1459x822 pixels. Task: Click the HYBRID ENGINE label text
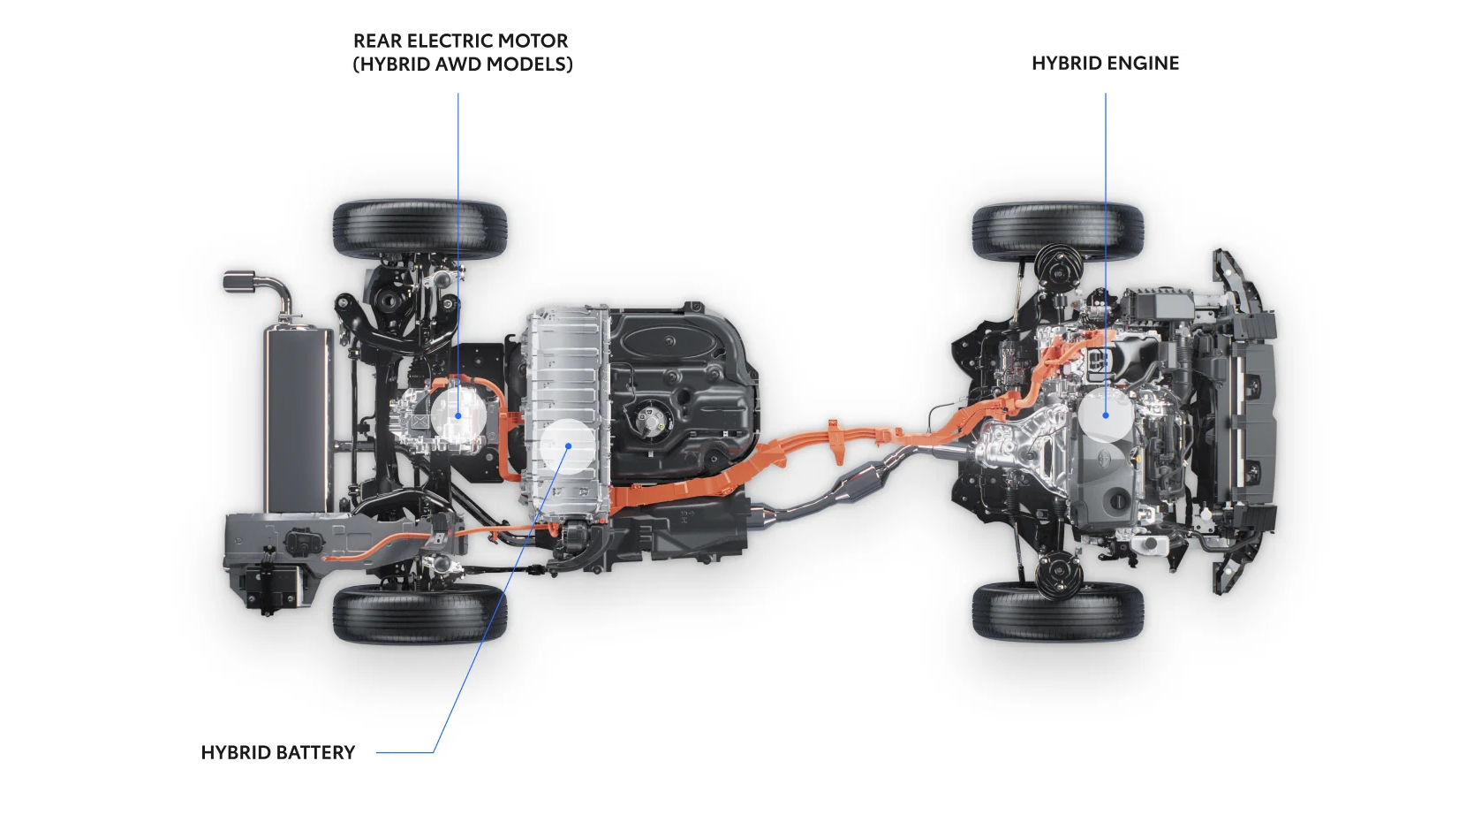[1105, 63]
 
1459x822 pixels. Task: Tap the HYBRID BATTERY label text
[277, 752]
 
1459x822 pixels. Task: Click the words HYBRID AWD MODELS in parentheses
[463, 65]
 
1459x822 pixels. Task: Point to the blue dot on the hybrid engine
[1106, 415]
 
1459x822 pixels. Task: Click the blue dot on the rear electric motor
[458, 415]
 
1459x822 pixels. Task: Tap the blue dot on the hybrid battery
[569, 445]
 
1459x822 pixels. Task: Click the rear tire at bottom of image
[420, 613]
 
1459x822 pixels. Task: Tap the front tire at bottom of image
[1057, 611]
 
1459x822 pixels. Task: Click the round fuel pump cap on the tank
[652, 416]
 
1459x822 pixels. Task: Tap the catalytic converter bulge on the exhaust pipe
[866, 482]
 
